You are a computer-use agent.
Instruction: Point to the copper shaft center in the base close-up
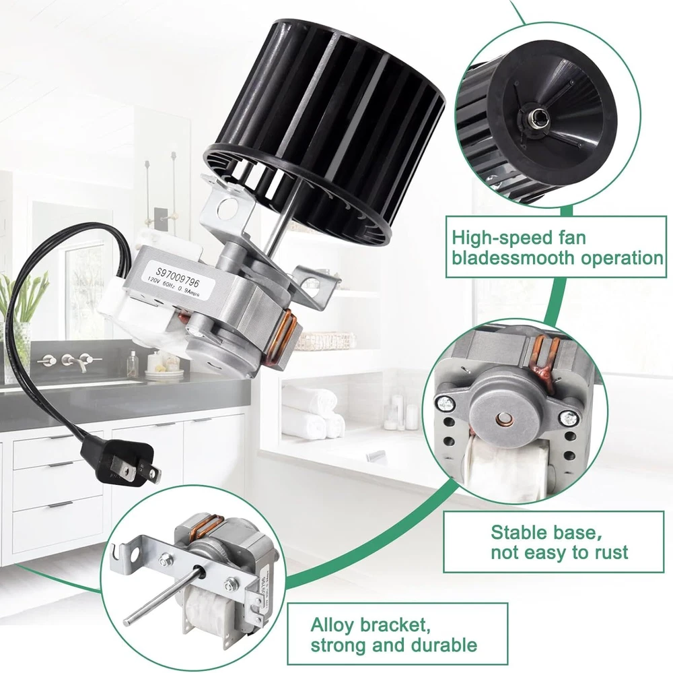(x=501, y=418)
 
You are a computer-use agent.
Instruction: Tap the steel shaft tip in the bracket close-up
(x=127, y=621)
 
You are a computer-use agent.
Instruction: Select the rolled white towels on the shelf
(x=314, y=413)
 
